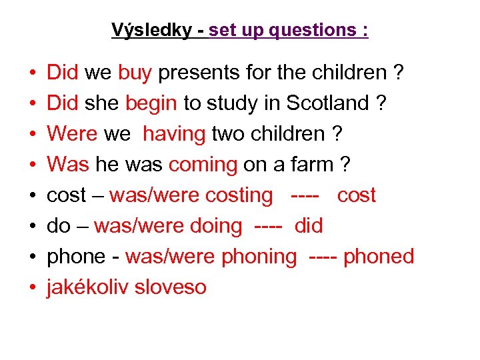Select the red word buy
click(x=135, y=73)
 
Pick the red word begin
click(x=151, y=103)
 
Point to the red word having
click(x=174, y=134)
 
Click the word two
click(x=228, y=134)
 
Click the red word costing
click(x=239, y=195)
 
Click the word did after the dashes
click(x=308, y=226)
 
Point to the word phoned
click(x=379, y=257)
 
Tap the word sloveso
click(x=171, y=287)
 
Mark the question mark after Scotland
click(x=381, y=103)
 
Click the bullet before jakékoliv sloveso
click(x=33, y=287)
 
